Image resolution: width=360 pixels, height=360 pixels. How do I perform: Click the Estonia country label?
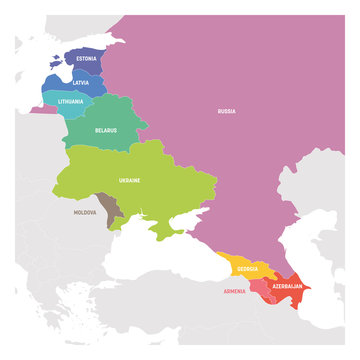click(x=86, y=59)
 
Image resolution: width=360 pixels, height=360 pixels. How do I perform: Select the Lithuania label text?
click(x=70, y=101)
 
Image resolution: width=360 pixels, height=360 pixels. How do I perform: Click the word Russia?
click(x=226, y=111)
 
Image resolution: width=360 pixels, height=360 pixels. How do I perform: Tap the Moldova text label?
click(x=85, y=212)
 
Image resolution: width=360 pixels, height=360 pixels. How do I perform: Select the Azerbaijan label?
click(x=289, y=285)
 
